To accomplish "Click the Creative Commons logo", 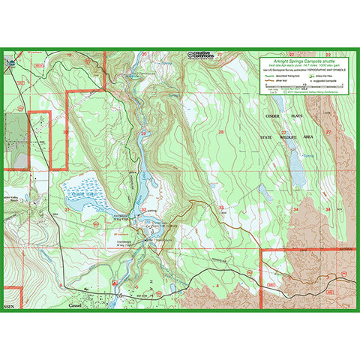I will pos(201,55).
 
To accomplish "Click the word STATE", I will pos(268,138).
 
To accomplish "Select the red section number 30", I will pos(66,132).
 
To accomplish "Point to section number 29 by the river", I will pos(142,133).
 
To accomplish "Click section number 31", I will pos(66,210).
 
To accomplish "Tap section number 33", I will pos(221,208).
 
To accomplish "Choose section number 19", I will pos(69,55).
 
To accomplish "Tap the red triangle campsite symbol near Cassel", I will pos(114,283).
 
